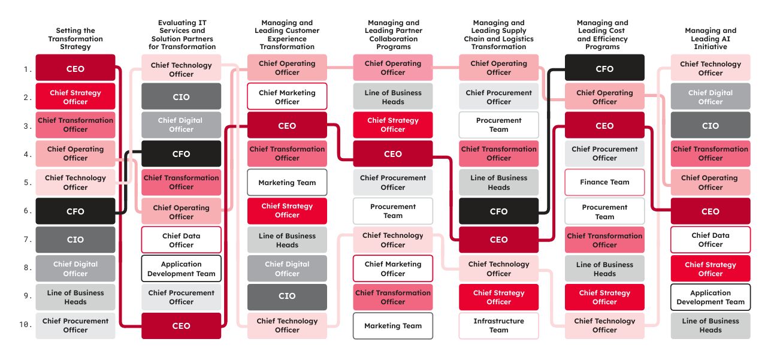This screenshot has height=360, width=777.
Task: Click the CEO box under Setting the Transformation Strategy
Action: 75,68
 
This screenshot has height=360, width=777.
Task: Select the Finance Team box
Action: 604,182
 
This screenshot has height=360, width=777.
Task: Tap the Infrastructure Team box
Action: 498,326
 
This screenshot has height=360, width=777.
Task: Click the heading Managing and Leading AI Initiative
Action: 711,38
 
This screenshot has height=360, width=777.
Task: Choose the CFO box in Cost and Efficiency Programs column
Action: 604,68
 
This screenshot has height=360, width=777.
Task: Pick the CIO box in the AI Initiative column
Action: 711,126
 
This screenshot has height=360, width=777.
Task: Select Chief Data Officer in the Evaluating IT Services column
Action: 181,240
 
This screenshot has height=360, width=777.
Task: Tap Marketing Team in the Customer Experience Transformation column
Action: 287,183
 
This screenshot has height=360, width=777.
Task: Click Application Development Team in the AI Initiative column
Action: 711,297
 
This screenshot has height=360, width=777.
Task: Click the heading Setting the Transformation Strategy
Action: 75,38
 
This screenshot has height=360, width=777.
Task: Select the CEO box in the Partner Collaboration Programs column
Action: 393,154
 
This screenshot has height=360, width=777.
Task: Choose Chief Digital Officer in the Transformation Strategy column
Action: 75,268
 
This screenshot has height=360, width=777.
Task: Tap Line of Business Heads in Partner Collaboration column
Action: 393,97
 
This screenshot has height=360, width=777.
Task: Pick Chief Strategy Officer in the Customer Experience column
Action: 287,210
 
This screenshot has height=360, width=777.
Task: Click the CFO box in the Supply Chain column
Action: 498,211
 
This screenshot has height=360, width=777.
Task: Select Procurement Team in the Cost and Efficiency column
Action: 604,211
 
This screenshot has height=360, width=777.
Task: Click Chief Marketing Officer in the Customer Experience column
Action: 287,97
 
